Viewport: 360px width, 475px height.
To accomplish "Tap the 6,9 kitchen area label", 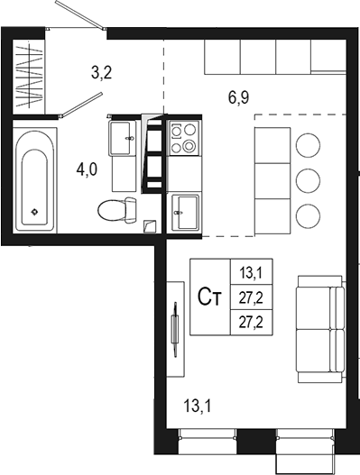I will tap(238, 99).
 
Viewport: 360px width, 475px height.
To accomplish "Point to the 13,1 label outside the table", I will tap(198, 406).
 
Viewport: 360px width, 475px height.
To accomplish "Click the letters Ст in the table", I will tap(210, 297).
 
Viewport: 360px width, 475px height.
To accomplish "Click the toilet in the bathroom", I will tap(115, 210).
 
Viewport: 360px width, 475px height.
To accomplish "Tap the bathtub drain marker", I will tap(34, 212).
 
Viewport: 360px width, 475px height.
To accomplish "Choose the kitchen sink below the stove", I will tap(184, 212).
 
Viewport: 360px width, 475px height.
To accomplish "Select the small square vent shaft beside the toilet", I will tap(149, 225).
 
